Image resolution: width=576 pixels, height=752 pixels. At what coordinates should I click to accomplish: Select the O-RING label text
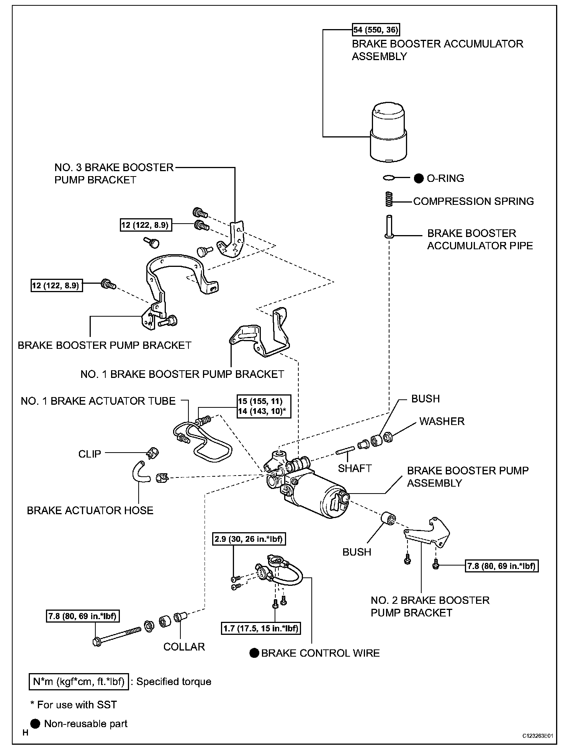coord(445,178)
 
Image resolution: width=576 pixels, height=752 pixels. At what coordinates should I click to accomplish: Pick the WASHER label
coord(442,421)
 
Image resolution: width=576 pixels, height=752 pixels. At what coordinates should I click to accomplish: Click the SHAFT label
coord(355,468)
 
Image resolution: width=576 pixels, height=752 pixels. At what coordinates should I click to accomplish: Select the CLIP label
coord(90,454)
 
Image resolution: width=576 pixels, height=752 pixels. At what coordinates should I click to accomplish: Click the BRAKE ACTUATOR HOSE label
coord(90,510)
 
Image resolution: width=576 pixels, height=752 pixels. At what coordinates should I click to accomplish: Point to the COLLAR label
coord(184,647)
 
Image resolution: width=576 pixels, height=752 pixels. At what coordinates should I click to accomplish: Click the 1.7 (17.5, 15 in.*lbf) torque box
coord(260,628)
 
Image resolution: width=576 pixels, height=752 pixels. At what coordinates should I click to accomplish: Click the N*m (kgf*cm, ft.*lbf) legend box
coord(79,682)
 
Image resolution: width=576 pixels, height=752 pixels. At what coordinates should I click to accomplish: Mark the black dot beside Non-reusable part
coord(35,723)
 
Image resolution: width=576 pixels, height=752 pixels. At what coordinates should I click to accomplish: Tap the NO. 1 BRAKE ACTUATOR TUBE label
coord(98,401)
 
